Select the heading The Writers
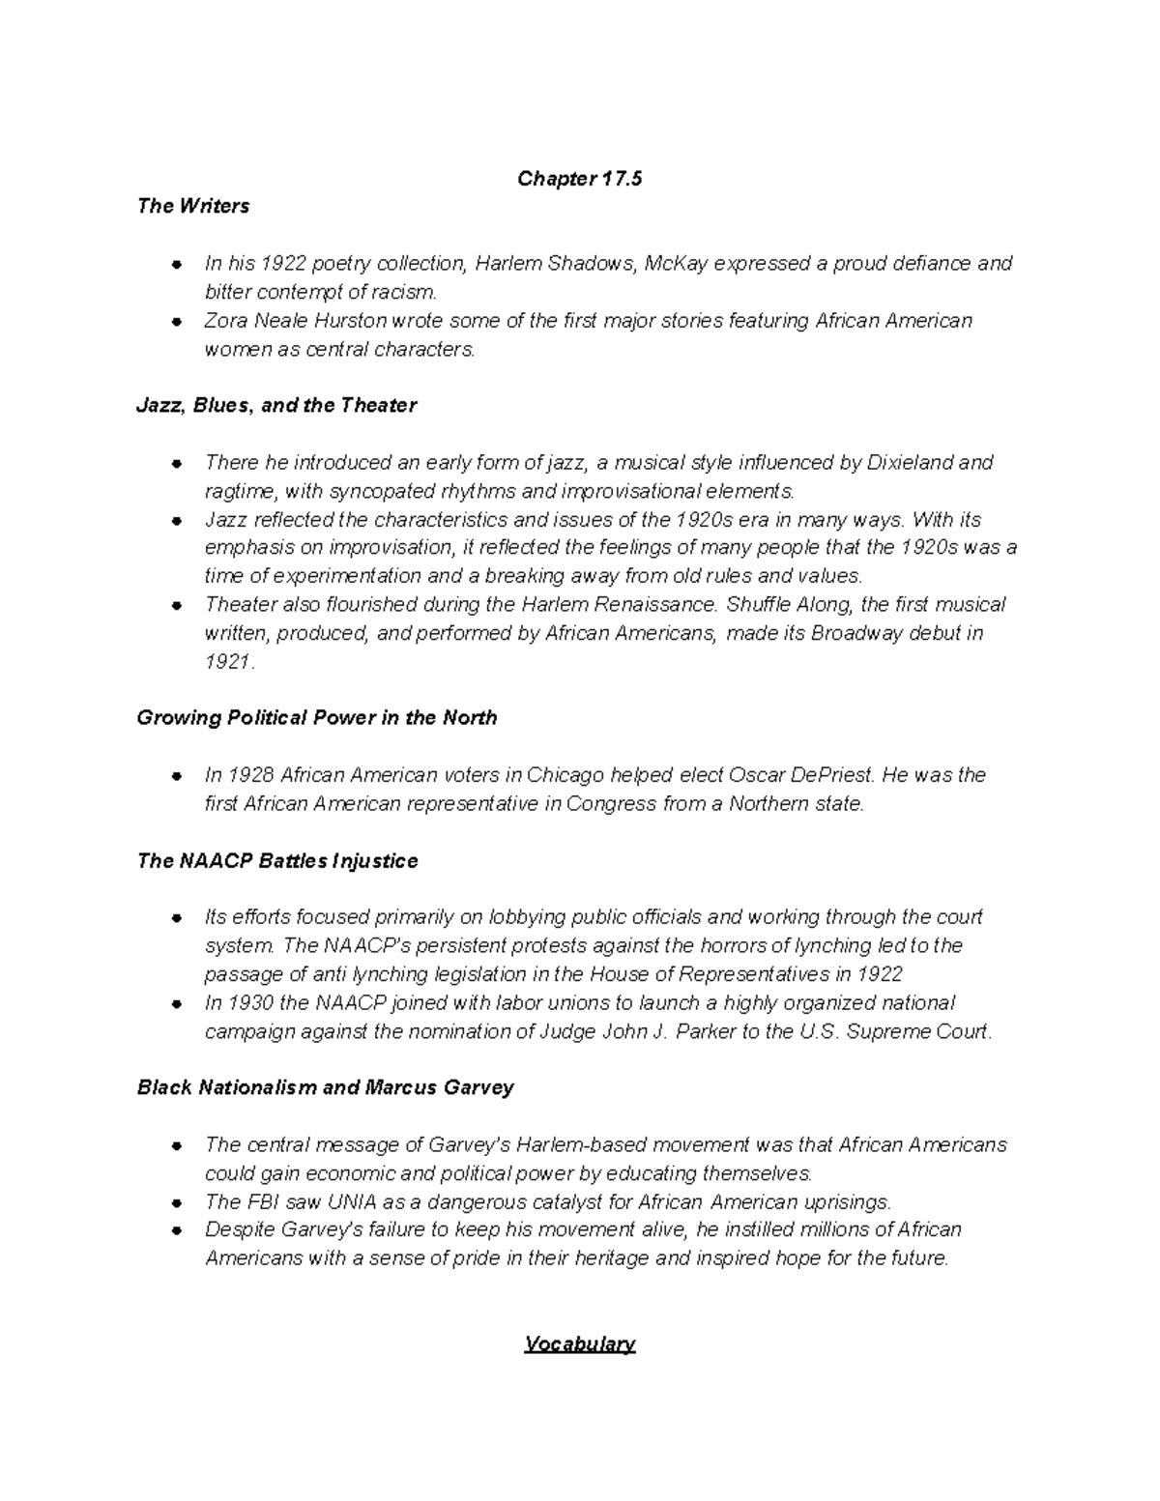tap(193, 206)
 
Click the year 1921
tap(228, 662)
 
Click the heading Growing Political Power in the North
tap(317, 718)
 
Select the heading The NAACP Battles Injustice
tap(277, 860)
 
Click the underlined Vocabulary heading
tap(579, 1344)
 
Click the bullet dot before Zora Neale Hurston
tap(177, 321)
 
